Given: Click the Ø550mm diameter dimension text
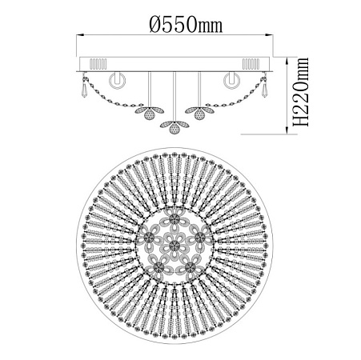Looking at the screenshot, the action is (x=186, y=24).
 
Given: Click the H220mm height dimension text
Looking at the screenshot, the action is (x=300, y=91).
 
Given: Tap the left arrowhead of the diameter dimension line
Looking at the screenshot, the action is (x=80, y=34).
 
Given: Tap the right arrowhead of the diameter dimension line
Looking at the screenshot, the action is (x=269, y=34).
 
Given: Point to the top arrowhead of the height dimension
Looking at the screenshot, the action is (x=287, y=61).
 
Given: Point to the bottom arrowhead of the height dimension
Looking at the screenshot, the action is (x=287, y=130).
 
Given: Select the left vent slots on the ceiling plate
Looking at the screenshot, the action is (x=98, y=64).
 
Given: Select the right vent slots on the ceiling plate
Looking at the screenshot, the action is (x=251, y=64).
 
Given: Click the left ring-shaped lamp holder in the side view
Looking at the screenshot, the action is (x=118, y=80).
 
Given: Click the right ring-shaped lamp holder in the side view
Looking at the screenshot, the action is (x=231, y=80).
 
